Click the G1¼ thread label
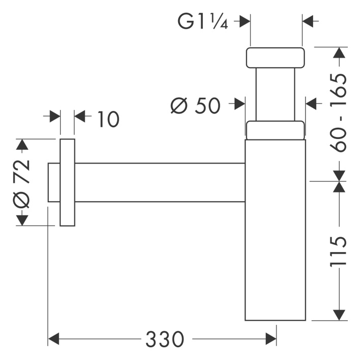(203, 21)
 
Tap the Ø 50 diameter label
(195, 105)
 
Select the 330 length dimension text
(164, 339)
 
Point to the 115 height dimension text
(338, 252)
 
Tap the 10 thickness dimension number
(107, 119)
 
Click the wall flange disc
(67, 182)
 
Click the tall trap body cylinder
(275, 229)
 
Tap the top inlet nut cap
(275, 58)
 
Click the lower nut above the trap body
(275, 130)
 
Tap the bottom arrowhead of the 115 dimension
(338, 314)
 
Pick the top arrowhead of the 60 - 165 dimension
(338, 53)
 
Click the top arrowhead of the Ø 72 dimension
(22, 145)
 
